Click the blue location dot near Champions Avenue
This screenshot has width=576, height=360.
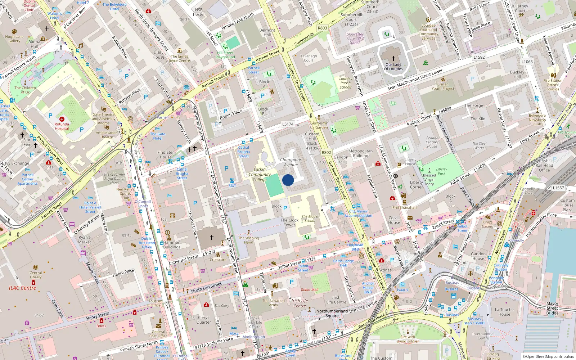click(x=288, y=180)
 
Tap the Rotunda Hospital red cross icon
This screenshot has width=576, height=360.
click(x=62, y=119)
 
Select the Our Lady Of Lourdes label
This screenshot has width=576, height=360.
click(x=393, y=67)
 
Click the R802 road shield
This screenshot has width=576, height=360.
click(x=326, y=153)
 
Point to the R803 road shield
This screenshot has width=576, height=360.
click(x=322, y=28)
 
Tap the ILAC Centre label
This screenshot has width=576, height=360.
click(x=22, y=288)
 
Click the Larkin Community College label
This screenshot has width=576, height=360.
click(x=260, y=174)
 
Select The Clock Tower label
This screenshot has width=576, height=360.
click(x=289, y=222)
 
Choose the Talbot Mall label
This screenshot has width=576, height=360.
click(x=310, y=290)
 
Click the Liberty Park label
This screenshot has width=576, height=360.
click(x=441, y=171)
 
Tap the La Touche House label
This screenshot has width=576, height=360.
click(x=504, y=312)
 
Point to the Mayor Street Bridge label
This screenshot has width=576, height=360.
click(x=552, y=308)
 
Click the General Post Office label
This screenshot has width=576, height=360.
click(x=158, y=334)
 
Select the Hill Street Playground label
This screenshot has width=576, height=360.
click(x=225, y=55)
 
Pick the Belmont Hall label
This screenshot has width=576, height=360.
click(x=267, y=32)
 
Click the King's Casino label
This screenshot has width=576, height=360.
click(x=488, y=224)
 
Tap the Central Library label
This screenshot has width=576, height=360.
click(x=36, y=275)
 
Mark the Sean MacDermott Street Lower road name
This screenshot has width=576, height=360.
click(x=415, y=80)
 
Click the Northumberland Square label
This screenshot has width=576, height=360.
click(x=332, y=313)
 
